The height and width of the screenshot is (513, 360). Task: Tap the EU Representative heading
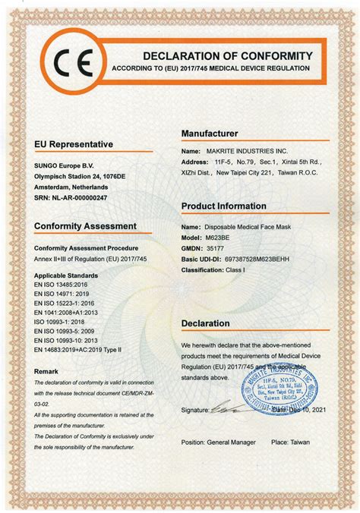[74, 144]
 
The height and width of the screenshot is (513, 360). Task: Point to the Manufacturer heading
[210, 134]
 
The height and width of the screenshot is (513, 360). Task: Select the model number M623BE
[219, 237]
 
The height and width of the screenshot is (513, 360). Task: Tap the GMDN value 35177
[216, 247]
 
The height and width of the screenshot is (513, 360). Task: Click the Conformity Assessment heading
[86, 226]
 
